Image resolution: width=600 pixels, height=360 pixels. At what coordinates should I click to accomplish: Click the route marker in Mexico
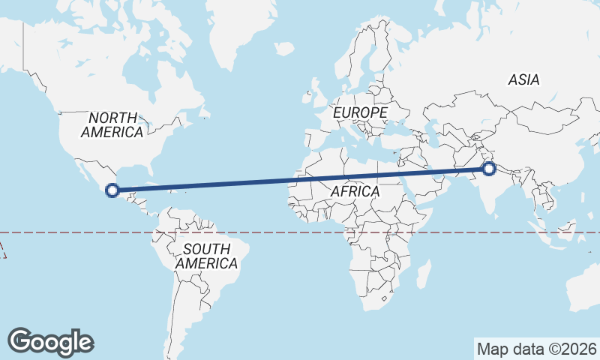coord(112,190)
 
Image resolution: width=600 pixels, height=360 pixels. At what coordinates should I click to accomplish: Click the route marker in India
coord(488,169)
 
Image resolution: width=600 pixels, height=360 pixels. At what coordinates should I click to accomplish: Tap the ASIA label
coord(523,79)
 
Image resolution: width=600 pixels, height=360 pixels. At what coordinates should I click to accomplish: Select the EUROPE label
coord(360,112)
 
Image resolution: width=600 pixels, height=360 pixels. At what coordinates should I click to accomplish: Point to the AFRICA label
coord(355,191)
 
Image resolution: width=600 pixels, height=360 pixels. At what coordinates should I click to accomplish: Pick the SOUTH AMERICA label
coord(206,256)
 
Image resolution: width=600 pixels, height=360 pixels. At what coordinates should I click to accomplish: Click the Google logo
coord(51,342)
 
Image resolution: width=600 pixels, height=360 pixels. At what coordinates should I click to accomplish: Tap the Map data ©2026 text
coord(536,349)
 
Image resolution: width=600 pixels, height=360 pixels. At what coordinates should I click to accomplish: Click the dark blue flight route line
coord(300,179)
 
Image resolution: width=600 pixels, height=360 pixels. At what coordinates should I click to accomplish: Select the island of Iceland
coord(285,49)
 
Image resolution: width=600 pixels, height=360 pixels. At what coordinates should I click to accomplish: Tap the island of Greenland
coord(232,22)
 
